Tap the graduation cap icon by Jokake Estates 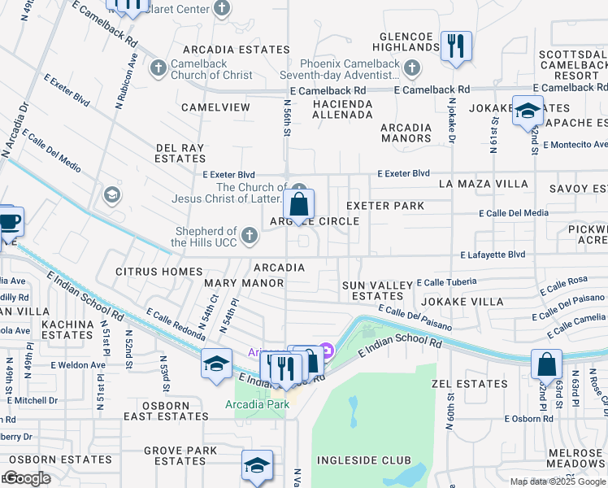click(528, 110)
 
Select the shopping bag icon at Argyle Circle click(299, 204)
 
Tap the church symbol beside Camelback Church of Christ click(157, 67)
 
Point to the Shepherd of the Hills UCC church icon click(250, 236)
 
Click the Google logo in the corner click(27, 478)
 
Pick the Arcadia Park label click(257, 405)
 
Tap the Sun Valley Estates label click(372, 291)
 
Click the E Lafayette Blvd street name click(492, 255)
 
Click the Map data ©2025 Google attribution click(558, 481)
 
